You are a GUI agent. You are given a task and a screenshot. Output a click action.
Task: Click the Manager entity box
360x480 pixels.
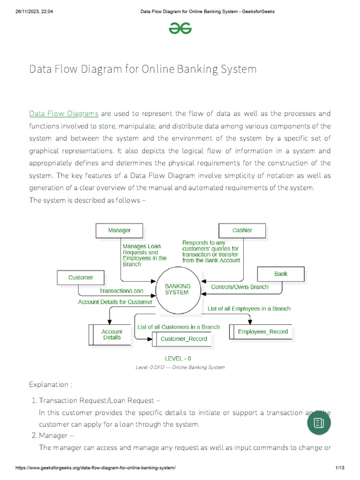119,230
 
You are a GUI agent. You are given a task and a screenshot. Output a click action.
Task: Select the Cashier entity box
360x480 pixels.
242,230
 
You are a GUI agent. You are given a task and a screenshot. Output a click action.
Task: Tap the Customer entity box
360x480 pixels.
81,277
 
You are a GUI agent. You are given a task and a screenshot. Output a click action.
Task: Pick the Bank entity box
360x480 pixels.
281,274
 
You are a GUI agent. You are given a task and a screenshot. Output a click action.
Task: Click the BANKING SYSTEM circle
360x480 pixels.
177,289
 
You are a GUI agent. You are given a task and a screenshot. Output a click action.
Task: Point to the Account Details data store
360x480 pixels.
112,334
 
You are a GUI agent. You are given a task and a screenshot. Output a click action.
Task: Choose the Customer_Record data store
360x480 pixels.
183,338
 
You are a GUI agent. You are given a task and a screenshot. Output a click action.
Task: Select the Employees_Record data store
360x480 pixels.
262,332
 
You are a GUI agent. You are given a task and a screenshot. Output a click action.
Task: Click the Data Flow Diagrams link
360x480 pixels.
63,113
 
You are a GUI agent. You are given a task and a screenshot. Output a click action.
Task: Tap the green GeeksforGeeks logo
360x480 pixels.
180,29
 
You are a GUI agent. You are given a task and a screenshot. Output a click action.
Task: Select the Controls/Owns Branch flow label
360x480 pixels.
240,287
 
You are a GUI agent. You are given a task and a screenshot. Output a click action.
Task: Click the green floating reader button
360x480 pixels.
319,423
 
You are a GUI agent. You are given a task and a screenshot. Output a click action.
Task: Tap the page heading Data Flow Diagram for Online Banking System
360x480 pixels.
143,69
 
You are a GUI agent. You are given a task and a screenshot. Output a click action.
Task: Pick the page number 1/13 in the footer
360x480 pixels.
340,468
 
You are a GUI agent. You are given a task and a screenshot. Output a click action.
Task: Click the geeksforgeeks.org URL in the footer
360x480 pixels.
96,468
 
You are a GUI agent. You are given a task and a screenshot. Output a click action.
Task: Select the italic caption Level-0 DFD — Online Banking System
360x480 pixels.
180,367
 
